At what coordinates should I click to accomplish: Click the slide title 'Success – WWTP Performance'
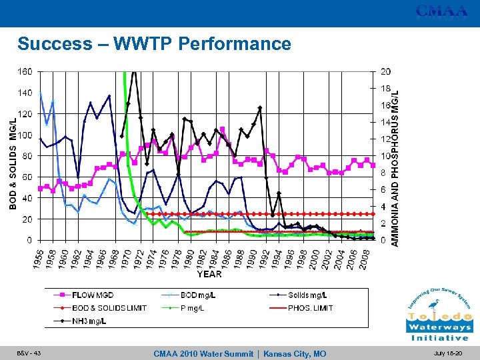coord(154,44)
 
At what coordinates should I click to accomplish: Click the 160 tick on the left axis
coord(23,71)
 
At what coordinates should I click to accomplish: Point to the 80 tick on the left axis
coord(25,155)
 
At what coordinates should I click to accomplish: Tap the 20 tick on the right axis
coord(385,71)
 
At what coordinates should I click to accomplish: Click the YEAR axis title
coord(209,273)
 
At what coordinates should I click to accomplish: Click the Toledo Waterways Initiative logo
coord(439,314)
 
